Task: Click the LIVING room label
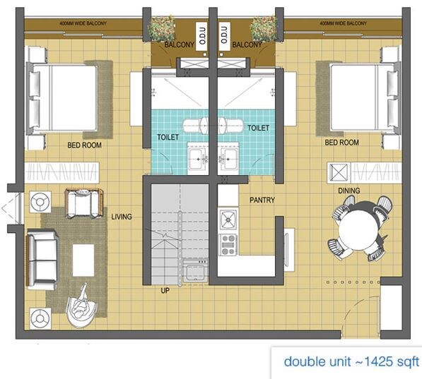[x=121, y=217]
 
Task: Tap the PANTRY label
[x=262, y=200]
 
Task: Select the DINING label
[x=348, y=191]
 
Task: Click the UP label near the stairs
[x=165, y=290]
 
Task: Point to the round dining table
[x=360, y=229]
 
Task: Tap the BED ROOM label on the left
[x=84, y=145]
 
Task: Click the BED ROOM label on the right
[x=341, y=143]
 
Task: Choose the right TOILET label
[x=258, y=128]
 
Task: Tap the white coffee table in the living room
[x=83, y=260]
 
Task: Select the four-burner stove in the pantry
[x=228, y=244]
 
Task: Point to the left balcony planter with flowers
[x=162, y=29]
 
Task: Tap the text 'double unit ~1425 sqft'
[x=351, y=361]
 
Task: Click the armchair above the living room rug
[x=84, y=203]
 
